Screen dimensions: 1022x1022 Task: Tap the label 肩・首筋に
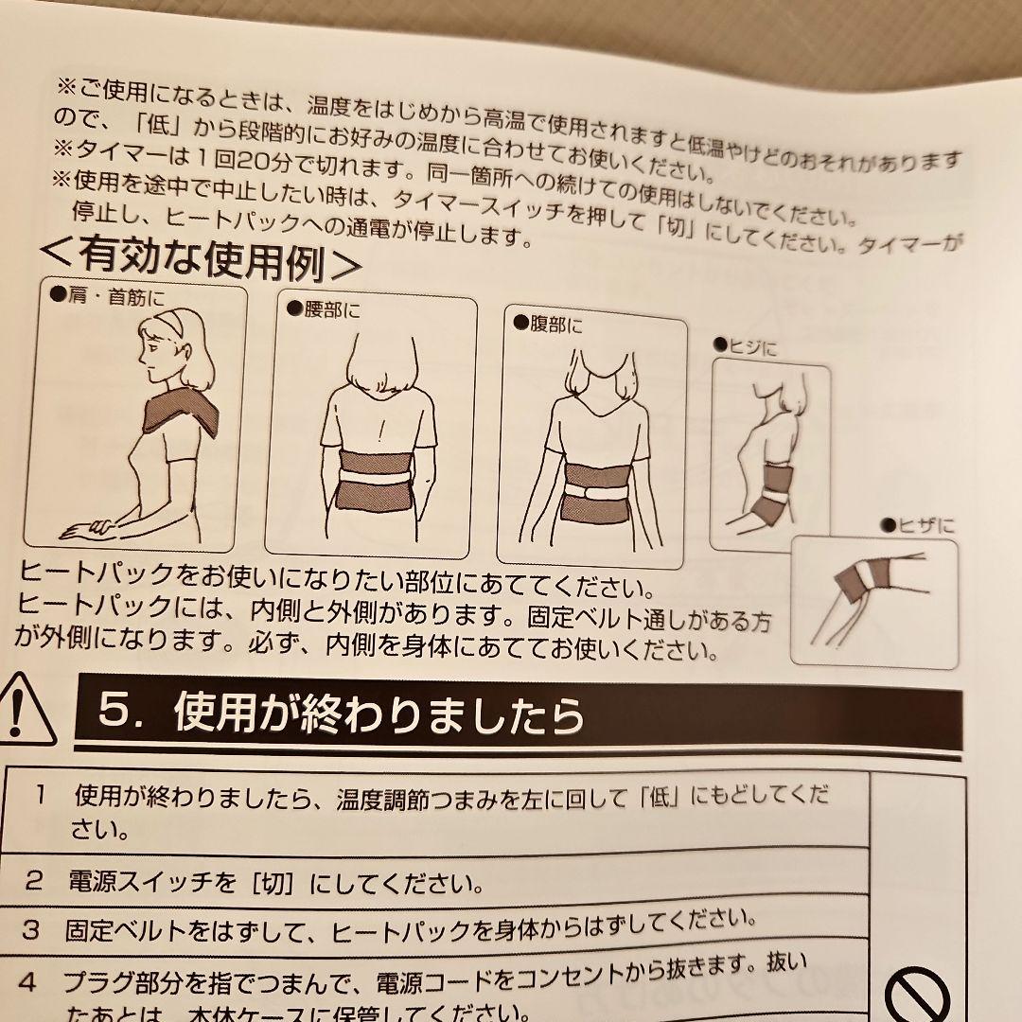coord(107,297)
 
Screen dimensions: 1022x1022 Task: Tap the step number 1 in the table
coord(40,794)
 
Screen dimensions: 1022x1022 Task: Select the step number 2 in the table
coord(35,881)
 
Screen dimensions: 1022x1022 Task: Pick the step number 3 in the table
coord(30,929)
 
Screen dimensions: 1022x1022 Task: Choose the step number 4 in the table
coord(27,982)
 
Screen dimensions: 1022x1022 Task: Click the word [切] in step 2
coord(274,884)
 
